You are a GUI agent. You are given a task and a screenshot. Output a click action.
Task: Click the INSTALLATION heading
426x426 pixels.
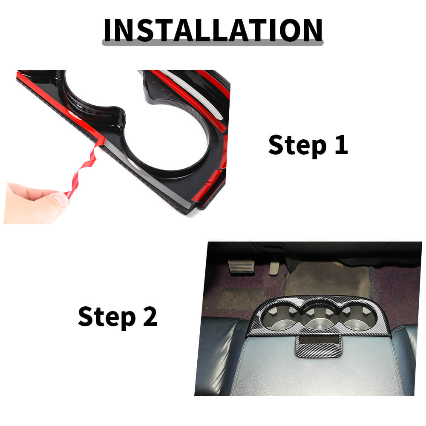click(x=213, y=30)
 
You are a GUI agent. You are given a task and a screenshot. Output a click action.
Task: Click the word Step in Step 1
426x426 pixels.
click(x=297, y=146)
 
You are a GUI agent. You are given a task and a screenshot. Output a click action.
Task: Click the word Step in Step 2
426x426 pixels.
click(x=107, y=317)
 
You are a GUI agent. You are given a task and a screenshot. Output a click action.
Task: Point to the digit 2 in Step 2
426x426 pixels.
click(x=150, y=316)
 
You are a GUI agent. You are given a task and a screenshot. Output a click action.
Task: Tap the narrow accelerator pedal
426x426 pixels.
click(x=273, y=268)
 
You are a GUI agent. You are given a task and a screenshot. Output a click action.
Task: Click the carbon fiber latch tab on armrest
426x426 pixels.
click(x=319, y=347)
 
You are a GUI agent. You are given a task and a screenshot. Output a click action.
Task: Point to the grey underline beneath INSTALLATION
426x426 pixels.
click(x=213, y=43)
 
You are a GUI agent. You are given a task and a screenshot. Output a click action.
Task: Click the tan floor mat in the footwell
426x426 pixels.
click(x=327, y=280)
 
